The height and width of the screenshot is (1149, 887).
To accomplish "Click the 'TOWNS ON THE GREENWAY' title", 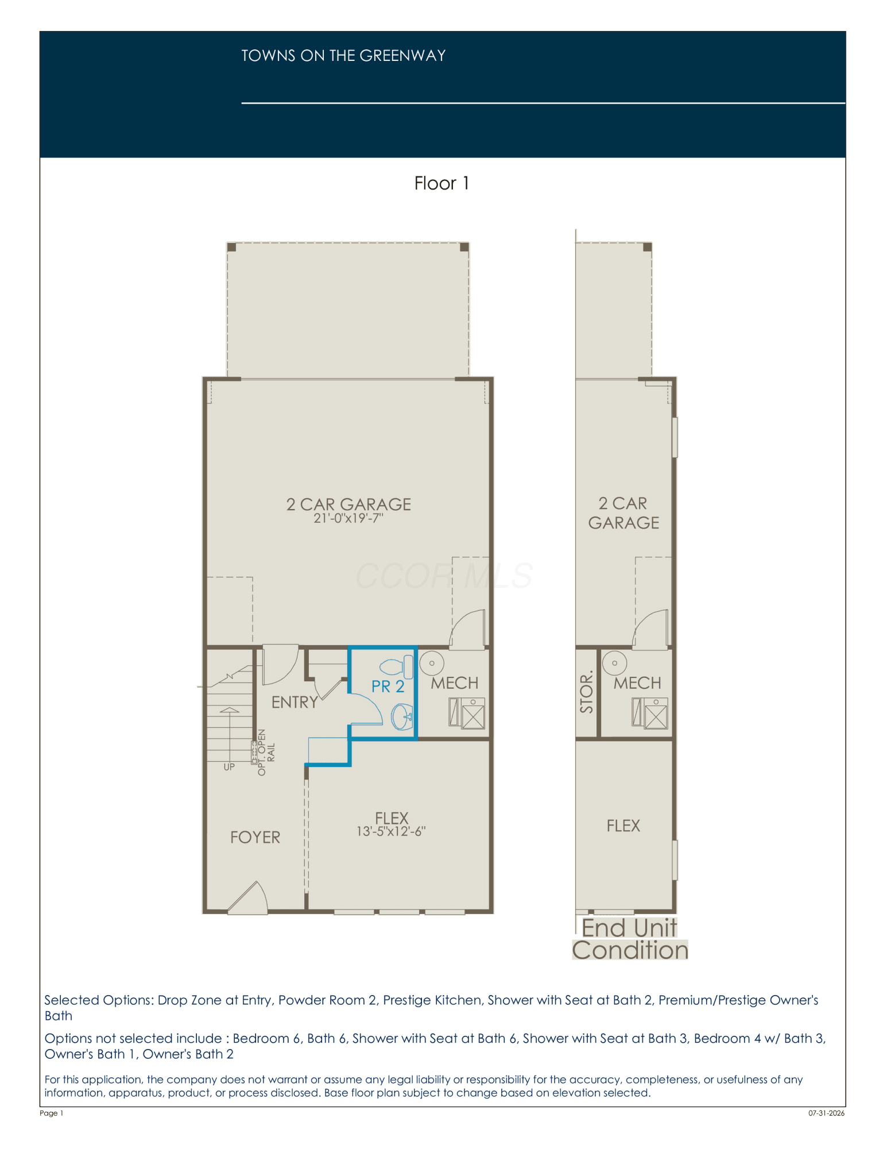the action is [343, 56].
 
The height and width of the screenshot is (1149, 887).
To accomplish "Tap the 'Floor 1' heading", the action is [441, 183].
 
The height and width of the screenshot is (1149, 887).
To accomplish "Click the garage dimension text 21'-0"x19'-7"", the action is [348, 518].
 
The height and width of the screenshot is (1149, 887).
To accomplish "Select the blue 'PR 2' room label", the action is [388, 687].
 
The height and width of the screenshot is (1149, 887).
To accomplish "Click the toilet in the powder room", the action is [397, 667].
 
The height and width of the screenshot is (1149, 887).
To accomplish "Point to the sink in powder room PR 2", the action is [402, 717].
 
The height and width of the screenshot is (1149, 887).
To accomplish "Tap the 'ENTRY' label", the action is [295, 702].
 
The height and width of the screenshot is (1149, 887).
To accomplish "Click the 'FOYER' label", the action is [255, 838].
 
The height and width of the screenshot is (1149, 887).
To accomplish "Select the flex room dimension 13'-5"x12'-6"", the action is [391, 831].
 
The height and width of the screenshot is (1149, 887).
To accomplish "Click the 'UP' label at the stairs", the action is [229, 767].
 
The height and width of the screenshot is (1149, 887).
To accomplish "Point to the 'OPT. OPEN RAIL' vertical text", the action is [266, 753].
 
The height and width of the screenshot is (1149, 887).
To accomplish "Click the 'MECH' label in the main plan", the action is [455, 683].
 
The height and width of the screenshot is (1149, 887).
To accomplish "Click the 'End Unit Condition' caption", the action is [630, 939].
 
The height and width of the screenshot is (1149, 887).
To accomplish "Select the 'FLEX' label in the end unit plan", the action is [623, 826].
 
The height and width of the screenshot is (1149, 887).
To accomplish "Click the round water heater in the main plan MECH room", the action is [432, 663].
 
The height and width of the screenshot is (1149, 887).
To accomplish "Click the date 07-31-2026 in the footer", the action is [827, 1113].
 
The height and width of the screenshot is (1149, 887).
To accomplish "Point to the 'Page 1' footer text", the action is [52, 1113].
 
